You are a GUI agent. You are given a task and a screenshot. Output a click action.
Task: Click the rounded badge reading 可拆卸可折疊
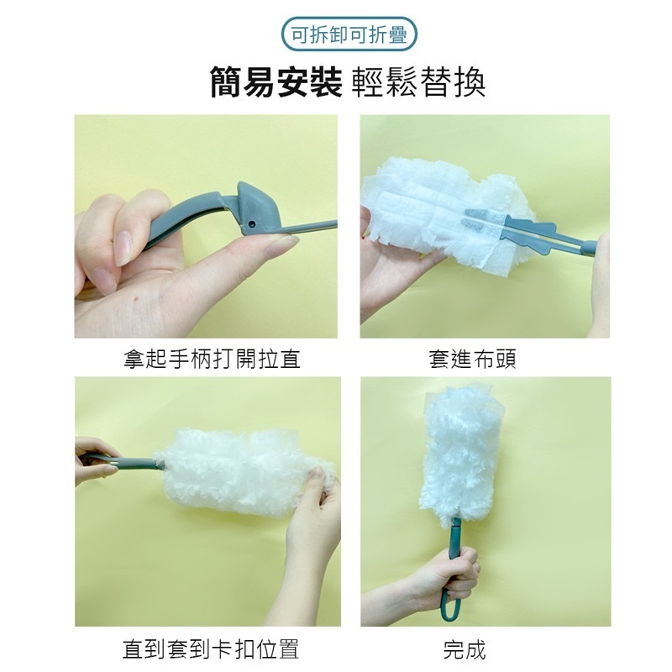[x=349, y=34]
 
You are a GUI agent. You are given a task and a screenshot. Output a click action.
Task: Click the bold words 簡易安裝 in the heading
[x=276, y=83]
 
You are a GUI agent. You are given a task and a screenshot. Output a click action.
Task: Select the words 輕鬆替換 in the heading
[x=418, y=83]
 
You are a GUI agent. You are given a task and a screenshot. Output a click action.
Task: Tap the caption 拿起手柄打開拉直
[x=212, y=359]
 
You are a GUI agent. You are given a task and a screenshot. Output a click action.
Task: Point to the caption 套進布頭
[x=472, y=359]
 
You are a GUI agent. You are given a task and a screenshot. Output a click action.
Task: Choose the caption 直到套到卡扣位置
[x=211, y=649]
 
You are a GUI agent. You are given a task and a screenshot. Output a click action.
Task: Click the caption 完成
[x=465, y=649]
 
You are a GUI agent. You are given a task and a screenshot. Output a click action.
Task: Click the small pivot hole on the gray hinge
[x=251, y=223]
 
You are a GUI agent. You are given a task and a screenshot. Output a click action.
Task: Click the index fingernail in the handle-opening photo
[x=123, y=249]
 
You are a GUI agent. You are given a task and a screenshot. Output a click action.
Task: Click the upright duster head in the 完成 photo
[x=463, y=454]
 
